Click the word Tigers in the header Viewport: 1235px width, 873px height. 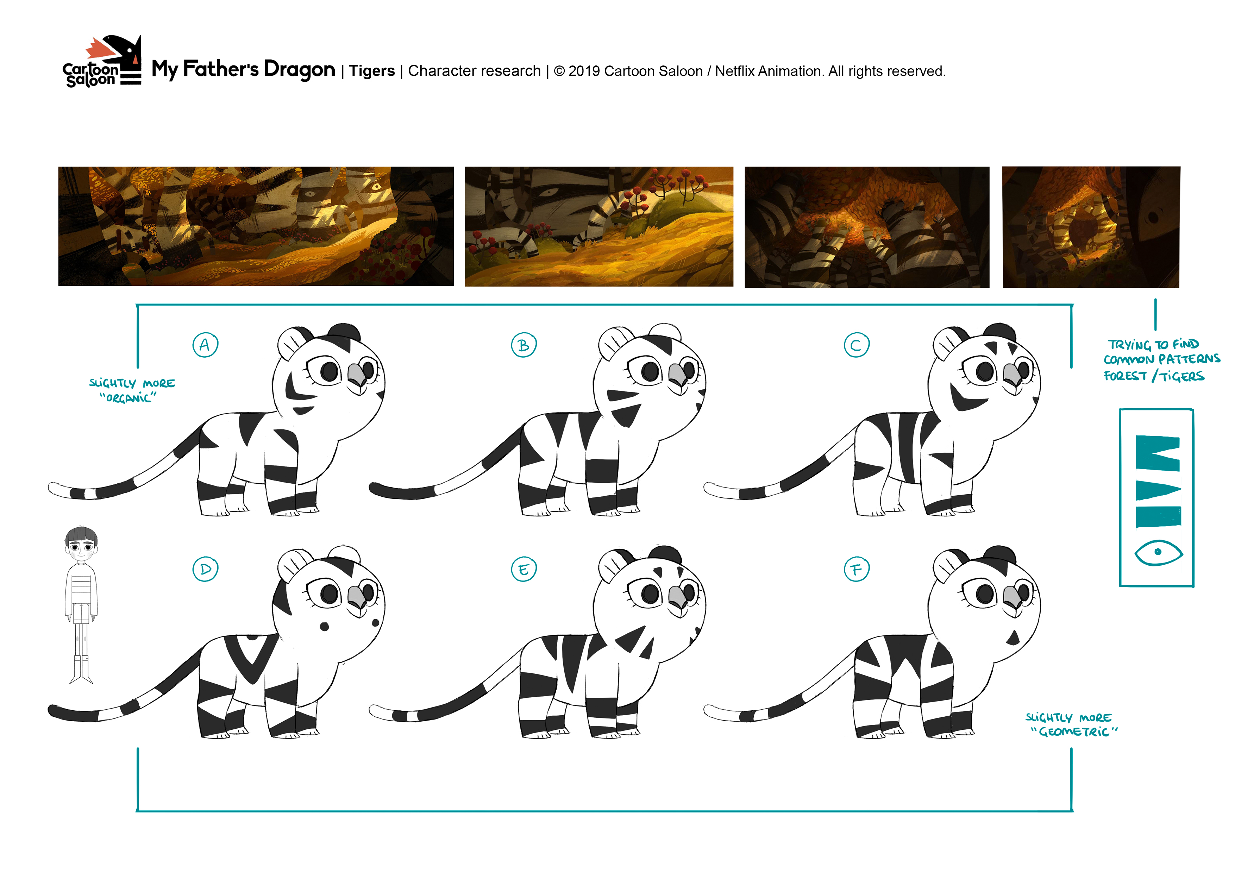pos(372,71)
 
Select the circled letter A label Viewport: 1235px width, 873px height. pos(205,345)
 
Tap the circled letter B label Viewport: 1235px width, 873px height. pos(524,345)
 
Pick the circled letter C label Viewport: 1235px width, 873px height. pos(856,345)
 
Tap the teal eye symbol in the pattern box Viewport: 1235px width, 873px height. pos(1158,552)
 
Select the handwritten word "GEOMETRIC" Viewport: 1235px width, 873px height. pos(1074,731)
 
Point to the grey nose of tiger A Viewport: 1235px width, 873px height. pos(357,373)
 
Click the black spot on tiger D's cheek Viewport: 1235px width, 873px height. pos(324,627)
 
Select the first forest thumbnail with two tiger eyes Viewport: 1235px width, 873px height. pos(256,226)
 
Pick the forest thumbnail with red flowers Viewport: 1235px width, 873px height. pos(599,226)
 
